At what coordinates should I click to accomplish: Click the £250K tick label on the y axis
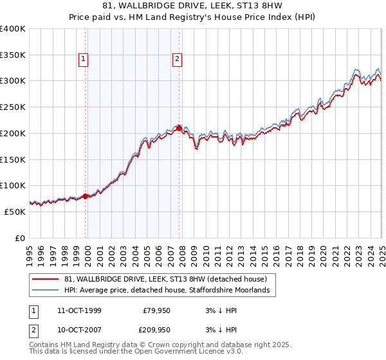tap(12, 107)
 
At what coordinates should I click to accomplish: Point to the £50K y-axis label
tap(14, 212)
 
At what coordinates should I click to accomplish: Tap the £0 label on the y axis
tap(20, 238)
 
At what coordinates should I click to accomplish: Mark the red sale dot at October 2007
tap(179, 128)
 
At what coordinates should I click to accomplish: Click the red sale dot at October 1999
tap(86, 196)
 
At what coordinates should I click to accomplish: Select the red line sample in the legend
tap(45, 279)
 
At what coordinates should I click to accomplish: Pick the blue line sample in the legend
tap(45, 291)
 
